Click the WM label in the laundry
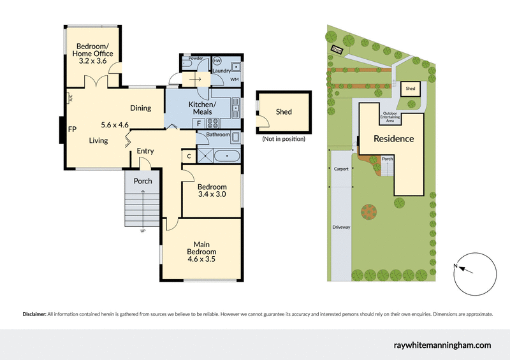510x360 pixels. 234,80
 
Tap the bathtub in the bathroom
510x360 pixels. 227,155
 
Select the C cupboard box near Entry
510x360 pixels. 189,155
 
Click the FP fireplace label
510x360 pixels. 73,128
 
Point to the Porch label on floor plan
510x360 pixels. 143,181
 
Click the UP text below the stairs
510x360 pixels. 142,231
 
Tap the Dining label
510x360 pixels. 140,108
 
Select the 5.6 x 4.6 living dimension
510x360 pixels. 115,125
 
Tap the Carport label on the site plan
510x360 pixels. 342,169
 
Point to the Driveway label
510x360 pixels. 341,227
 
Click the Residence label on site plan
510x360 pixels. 393,138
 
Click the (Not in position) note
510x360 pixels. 284,139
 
